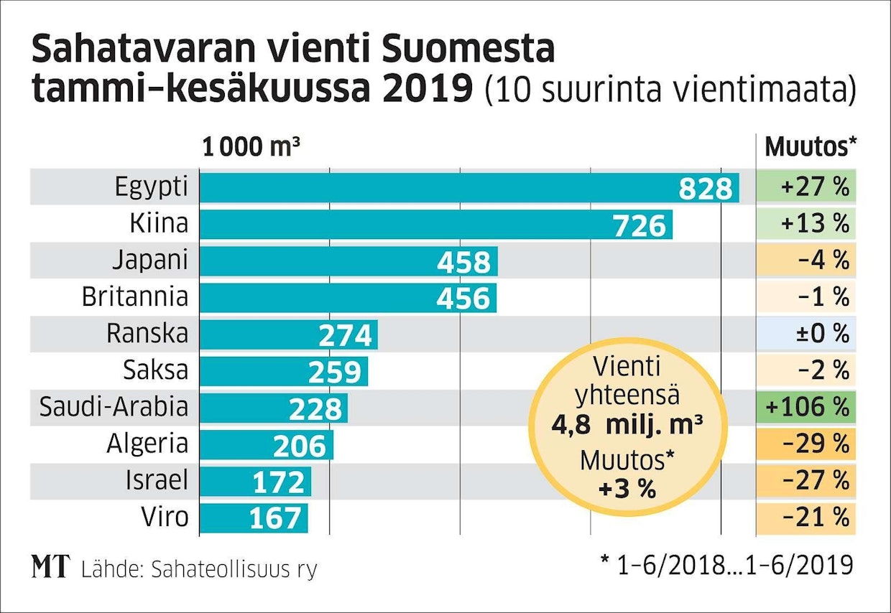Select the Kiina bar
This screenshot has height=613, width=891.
(x=435, y=225)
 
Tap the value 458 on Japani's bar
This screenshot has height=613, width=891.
(x=463, y=262)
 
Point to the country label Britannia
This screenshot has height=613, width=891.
(x=135, y=296)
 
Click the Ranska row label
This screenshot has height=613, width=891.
(x=147, y=333)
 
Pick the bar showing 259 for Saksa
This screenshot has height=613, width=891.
(x=283, y=371)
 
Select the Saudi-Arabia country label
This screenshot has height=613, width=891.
(x=114, y=407)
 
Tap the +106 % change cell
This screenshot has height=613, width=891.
(x=807, y=407)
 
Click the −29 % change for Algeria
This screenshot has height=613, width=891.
(x=807, y=444)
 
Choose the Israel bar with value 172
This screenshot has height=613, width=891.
(x=255, y=482)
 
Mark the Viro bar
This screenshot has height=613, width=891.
(x=253, y=518)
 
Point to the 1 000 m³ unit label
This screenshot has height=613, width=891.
(x=251, y=147)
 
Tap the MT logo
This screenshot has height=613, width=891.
(x=50, y=567)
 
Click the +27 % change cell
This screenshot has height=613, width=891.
(x=807, y=188)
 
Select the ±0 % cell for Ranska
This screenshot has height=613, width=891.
(x=807, y=334)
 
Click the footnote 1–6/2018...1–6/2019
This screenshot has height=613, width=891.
(x=727, y=565)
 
